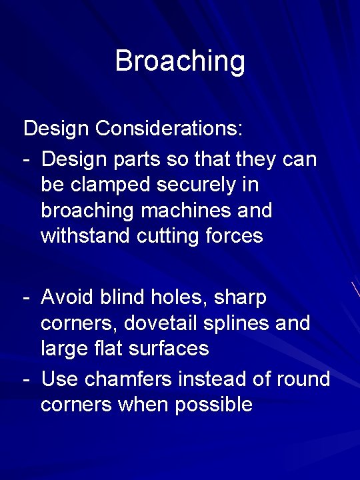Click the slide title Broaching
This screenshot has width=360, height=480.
(x=180, y=61)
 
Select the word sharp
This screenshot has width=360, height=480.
(x=240, y=297)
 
